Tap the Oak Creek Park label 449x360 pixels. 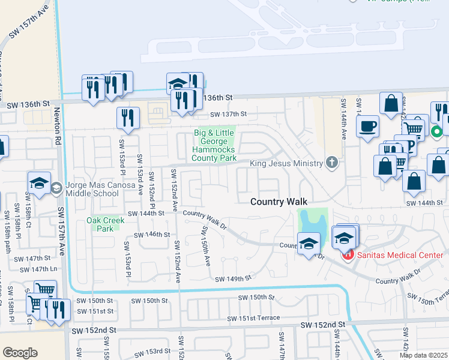(x=100, y=224)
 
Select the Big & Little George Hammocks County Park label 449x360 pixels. (x=214, y=145)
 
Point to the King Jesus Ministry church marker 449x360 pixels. (x=331, y=163)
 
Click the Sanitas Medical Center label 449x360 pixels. (x=400, y=255)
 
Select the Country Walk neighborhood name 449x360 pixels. (x=279, y=203)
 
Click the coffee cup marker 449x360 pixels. (x=367, y=127)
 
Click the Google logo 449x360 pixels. (x=20, y=353)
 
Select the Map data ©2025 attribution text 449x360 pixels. (x=423, y=355)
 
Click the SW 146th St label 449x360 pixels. (x=152, y=235)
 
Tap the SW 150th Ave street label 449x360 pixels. (x=206, y=245)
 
